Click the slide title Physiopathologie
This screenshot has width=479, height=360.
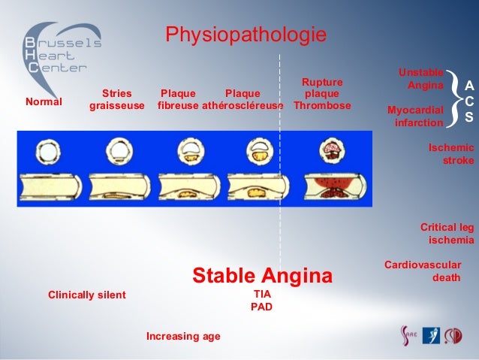tap(246, 35)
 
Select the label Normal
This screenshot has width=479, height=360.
tap(44, 101)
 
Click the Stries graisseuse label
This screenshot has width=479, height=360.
tap(116, 100)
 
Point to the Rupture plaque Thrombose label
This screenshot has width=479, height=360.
tap(322, 94)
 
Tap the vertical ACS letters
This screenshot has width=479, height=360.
tap(469, 102)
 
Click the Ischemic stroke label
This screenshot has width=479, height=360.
tap(450, 154)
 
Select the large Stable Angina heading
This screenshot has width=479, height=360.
tap(262, 276)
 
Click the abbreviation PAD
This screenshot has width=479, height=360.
tap(261, 307)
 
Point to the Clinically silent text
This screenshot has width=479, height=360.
tap(87, 295)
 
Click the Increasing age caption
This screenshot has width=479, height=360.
tap(183, 336)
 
